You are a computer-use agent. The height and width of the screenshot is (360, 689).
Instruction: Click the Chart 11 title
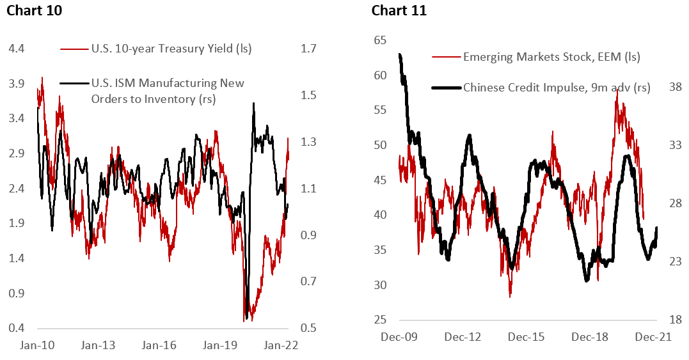click(399, 11)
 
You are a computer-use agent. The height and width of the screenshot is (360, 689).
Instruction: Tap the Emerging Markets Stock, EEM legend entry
click(551, 57)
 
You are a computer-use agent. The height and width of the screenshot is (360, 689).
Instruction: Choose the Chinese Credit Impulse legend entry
click(556, 88)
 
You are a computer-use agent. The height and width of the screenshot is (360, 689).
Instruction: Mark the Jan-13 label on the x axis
click(99, 345)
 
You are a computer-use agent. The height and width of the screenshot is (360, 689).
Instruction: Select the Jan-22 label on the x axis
click(282, 345)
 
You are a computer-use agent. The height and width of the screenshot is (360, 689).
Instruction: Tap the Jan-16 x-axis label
click(160, 345)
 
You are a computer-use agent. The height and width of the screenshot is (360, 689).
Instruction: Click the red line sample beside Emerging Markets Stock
click(447, 57)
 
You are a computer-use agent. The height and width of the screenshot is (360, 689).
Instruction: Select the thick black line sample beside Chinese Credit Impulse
click(447, 88)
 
